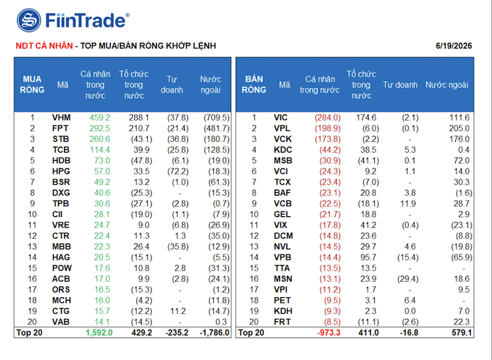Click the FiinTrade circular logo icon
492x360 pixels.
pyautogui.click(x=29, y=20)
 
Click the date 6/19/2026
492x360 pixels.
pyautogui.click(x=454, y=46)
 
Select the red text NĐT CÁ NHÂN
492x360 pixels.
pyautogui.click(x=44, y=46)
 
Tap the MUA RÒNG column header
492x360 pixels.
pyautogui.click(x=32, y=85)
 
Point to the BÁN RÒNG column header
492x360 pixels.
pyautogui.click(x=254, y=85)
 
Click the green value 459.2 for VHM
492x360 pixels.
pyautogui.click(x=99, y=118)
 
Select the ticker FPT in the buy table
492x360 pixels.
pyautogui.click(x=60, y=128)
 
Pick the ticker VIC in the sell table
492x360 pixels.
pyautogui.click(x=281, y=118)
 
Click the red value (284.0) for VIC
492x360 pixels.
pyautogui.click(x=328, y=118)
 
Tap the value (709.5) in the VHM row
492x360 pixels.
pyautogui.click(x=217, y=118)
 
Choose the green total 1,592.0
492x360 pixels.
pyautogui.click(x=99, y=333)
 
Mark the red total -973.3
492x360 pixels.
pyautogui.click(x=329, y=333)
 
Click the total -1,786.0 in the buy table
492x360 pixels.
pyautogui.click(x=215, y=333)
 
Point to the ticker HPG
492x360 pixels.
pyautogui.click(x=61, y=171)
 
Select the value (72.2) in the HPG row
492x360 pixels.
pyautogui.click(x=178, y=171)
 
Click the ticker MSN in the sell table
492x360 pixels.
pyautogui.click(x=283, y=279)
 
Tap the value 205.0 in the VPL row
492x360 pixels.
pyautogui.click(x=459, y=128)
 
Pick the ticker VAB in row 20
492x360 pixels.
pyautogui.click(x=61, y=322)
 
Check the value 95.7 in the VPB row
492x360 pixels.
pyautogui.click(x=369, y=257)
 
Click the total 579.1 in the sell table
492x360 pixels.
pyautogui.click(x=462, y=333)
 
